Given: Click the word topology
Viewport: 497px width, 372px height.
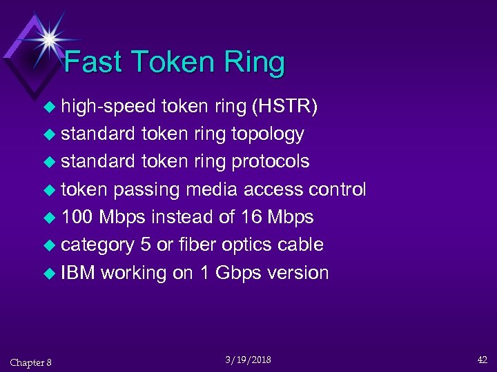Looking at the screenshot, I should coord(265,134).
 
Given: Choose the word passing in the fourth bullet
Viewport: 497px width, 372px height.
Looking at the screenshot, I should coord(146,189).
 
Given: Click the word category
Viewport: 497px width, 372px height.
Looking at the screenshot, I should coord(97,245).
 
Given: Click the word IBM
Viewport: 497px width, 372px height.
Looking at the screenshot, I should coord(78,273).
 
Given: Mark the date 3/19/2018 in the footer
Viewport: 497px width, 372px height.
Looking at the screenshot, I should coord(248,360).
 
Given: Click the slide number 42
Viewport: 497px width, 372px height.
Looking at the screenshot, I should coord(482,360).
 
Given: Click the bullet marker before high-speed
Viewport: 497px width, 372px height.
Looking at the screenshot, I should coord(50,107).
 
